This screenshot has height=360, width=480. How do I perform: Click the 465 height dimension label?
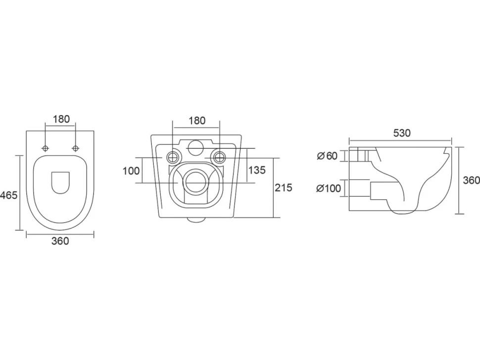[8, 195]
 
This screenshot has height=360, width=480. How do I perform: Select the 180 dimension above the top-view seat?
[61, 119]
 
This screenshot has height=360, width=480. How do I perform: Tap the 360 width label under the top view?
[60, 241]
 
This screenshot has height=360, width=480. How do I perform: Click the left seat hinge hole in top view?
[46, 148]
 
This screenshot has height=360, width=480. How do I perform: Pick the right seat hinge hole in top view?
[75, 148]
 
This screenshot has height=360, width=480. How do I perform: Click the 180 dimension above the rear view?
[196, 121]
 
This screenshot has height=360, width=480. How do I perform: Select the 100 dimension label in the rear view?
[131, 171]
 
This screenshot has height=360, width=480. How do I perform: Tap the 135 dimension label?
[257, 170]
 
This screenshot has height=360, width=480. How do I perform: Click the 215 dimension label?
[284, 187]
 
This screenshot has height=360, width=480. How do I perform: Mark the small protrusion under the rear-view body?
[196, 220]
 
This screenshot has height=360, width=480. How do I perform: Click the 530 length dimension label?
[402, 133]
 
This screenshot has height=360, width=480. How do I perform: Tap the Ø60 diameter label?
[327, 156]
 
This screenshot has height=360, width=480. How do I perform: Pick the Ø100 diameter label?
[329, 188]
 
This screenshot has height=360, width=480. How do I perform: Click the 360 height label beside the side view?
[471, 180]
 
